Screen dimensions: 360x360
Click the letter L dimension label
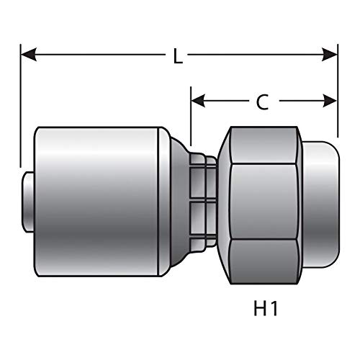(x=178, y=56)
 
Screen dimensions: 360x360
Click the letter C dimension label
(x=262, y=102)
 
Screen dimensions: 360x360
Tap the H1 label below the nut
(x=266, y=308)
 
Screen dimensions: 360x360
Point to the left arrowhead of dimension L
(x=29, y=55)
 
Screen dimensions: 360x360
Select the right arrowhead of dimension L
(x=330, y=55)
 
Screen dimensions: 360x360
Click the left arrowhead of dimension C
(x=198, y=101)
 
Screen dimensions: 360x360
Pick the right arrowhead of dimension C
(x=330, y=101)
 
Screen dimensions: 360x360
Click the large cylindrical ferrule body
(x=96, y=202)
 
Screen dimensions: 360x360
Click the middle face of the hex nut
(x=264, y=202)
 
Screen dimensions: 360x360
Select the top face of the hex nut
(x=264, y=145)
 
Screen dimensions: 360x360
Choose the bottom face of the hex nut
(x=264, y=261)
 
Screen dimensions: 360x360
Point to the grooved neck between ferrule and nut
(x=203, y=202)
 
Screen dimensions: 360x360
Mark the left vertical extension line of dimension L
(x=21, y=106)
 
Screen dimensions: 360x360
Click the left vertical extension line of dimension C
(x=191, y=116)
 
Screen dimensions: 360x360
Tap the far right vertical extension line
(x=338, y=91)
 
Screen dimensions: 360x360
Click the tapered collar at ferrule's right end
(x=180, y=202)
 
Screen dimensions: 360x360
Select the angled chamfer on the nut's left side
(x=224, y=205)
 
